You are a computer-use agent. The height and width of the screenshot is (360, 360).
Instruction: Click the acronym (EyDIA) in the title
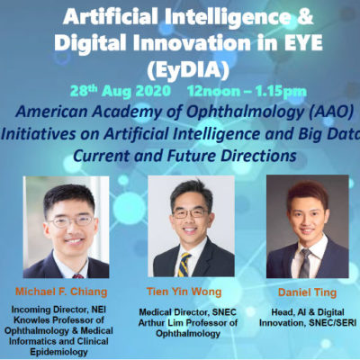188,70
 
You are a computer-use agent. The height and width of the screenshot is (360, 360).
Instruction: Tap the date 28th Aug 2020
121,91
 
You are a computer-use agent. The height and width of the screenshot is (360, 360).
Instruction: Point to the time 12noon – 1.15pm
247,91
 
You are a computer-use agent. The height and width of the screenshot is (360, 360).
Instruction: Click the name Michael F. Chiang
61,292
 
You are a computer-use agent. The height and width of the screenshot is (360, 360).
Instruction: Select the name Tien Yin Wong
184,292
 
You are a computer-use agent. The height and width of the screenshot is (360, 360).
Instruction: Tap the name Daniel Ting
307,292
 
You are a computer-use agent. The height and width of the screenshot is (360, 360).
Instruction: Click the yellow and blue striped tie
184,265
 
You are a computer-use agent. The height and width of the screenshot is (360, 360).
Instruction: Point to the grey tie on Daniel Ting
305,263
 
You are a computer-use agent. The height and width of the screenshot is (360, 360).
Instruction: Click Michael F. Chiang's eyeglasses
71,221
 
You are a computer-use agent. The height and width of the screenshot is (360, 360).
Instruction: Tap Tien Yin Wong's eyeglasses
189,213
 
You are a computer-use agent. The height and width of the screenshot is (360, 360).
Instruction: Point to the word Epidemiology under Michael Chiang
58,352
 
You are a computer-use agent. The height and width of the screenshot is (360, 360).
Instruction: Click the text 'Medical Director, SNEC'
187,312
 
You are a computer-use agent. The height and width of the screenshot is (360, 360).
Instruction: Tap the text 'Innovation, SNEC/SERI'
308,323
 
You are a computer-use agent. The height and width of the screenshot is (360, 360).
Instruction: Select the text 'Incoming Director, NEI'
58,310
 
